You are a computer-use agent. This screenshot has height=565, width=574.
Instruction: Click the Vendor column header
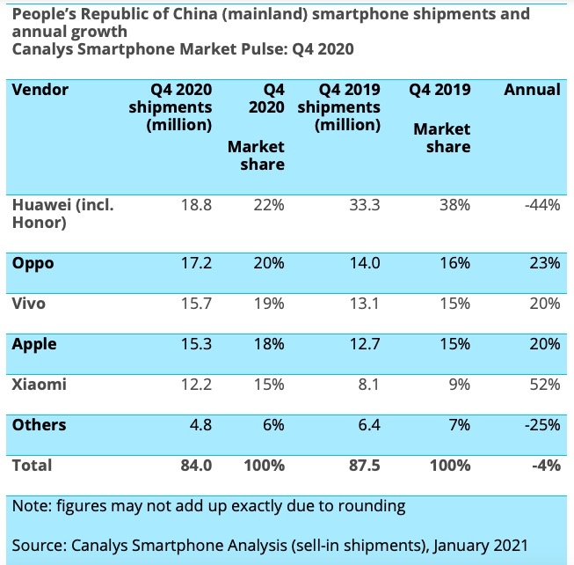point(40,90)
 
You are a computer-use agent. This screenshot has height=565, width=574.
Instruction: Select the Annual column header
point(531,90)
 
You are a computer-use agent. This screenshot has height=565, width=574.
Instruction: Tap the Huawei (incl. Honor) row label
point(62,214)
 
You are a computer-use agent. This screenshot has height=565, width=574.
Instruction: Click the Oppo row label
point(33,263)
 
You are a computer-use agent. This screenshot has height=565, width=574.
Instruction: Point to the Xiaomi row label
point(40,385)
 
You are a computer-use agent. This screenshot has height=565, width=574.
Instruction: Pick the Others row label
point(40,425)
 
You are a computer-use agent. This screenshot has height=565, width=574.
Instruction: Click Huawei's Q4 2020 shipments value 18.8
point(195,205)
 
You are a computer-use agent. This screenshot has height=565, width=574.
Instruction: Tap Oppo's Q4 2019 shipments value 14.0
point(363,263)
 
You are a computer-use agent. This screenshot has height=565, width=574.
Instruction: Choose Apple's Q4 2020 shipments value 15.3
point(195,344)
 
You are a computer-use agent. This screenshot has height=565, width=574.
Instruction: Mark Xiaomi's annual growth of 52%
point(544,385)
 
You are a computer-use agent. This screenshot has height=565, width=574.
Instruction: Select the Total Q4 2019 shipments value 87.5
point(363,466)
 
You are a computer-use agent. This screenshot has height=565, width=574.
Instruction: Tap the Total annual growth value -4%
point(544,466)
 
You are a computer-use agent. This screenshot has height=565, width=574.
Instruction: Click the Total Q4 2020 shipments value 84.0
point(195,466)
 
